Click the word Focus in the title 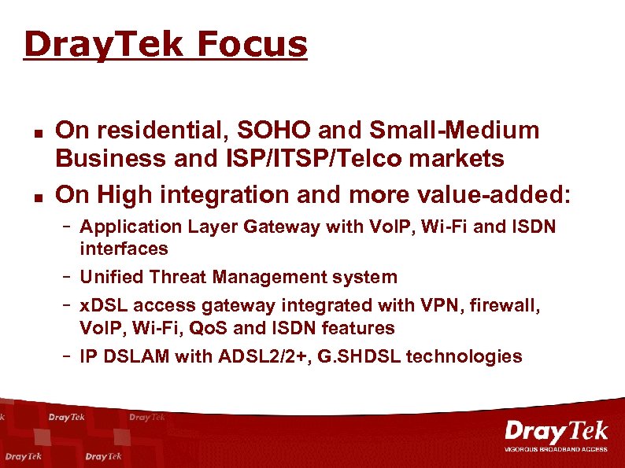(252, 46)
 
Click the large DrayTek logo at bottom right (556, 432)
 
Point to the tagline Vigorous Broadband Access (556, 450)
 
